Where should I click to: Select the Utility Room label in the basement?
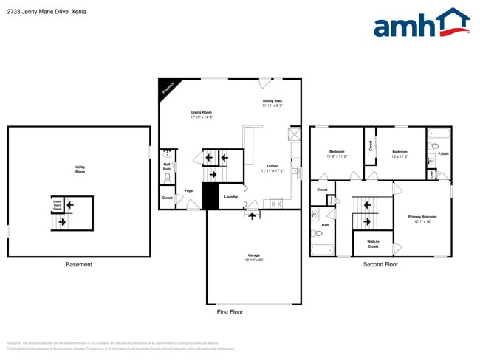coord(80,169)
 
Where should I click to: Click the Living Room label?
coord(202,114)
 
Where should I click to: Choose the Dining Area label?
coord(272,103)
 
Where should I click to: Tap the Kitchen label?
coord(272,167)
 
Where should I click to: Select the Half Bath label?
coord(167,167)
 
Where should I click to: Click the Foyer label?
coord(189,190)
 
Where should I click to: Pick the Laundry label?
coord(231,196)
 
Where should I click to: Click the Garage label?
coord(253,257)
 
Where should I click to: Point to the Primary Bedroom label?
coord(422,218)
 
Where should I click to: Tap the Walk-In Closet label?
coord(373,244)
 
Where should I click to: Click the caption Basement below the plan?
coord(79,264)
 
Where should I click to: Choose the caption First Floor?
coord(230,312)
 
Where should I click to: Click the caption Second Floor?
coord(380,264)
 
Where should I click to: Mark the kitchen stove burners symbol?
coord(277,202)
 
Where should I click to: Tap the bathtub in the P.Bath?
coord(439,134)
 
